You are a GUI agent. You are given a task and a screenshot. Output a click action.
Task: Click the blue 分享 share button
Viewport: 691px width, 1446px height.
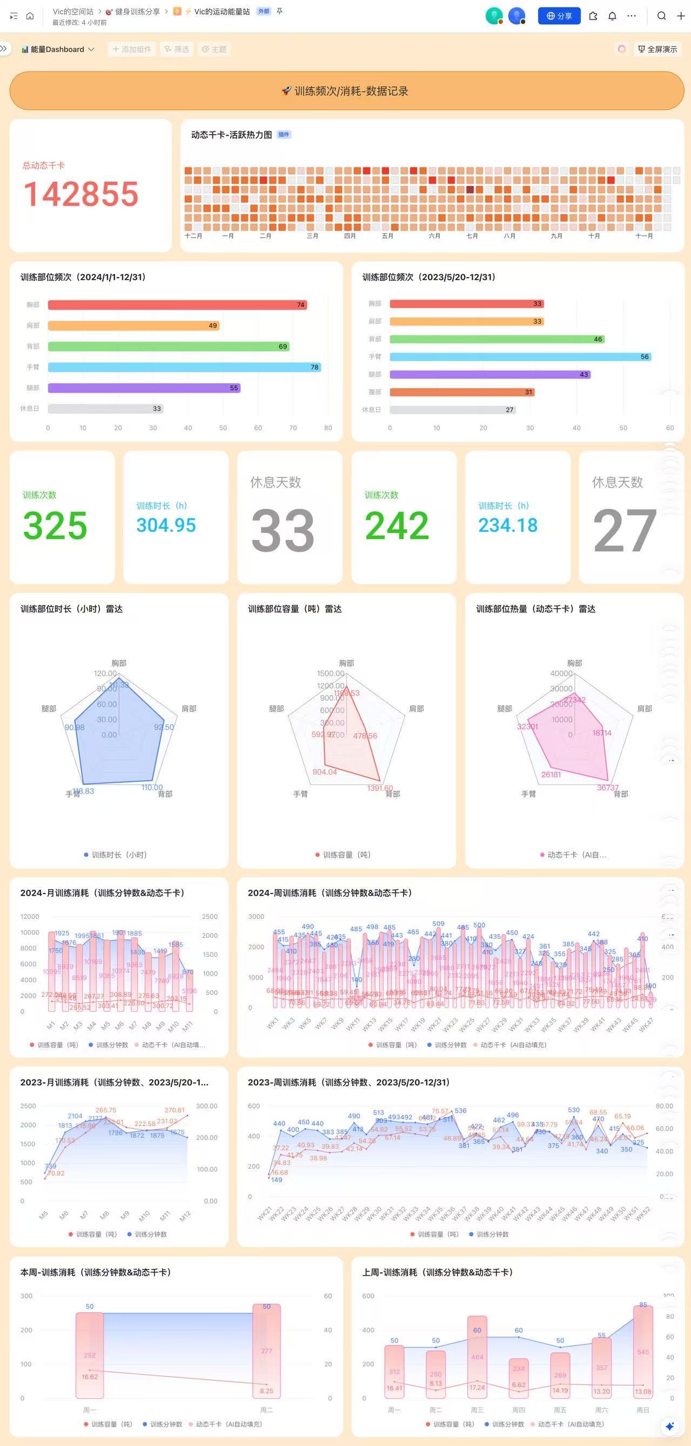point(559,16)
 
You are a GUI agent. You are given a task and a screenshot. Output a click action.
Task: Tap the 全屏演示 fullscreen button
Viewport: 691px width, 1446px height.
point(658,49)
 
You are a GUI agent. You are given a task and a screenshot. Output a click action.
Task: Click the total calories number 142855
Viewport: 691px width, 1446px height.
point(80,194)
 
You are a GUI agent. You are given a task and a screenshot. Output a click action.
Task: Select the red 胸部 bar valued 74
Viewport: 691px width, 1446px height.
point(177,305)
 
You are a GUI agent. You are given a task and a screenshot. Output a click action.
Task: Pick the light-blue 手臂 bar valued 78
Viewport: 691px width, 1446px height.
point(184,367)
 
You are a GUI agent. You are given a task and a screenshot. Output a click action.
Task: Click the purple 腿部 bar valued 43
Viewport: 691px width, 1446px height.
point(489,375)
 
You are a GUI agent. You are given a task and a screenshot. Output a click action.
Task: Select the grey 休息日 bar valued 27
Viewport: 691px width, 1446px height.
point(452,410)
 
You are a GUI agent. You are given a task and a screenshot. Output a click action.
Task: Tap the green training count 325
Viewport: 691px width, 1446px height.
point(55,525)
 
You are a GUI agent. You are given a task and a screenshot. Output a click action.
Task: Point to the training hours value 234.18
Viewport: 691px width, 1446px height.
point(508,525)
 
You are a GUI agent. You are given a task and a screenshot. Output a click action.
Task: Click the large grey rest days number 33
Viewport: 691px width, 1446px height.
point(282,530)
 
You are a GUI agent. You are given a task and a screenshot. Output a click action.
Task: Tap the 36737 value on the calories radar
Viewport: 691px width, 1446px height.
point(607,788)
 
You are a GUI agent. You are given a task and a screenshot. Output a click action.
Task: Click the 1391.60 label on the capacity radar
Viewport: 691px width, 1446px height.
point(380,788)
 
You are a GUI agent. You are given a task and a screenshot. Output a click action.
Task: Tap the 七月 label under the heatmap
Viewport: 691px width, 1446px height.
point(472,236)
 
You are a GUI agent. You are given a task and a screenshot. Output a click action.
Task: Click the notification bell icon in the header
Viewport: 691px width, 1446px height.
point(613,16)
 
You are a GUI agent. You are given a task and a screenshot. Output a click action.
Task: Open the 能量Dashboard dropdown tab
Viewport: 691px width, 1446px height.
point(57,49)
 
